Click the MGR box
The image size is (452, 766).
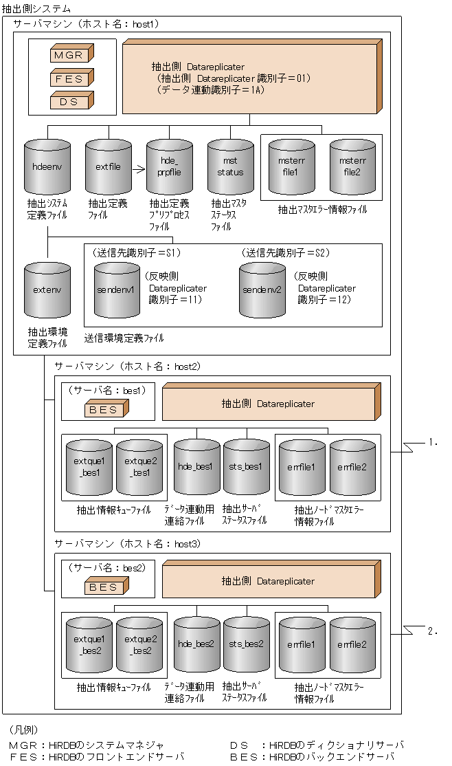72,55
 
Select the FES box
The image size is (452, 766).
72,78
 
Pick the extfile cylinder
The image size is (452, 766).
109,166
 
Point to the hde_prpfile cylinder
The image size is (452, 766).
169,167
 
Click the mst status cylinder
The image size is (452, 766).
230,167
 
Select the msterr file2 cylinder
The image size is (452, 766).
352,167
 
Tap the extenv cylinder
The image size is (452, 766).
47,289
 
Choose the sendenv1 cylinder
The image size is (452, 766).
117,289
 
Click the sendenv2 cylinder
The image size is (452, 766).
262,289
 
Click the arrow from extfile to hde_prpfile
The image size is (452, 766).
139,167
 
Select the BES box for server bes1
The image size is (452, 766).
104,410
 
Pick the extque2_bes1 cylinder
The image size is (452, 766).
139,468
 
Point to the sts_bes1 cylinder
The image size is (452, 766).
247,468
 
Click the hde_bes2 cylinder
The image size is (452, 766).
196,644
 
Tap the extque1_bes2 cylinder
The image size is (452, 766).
89,644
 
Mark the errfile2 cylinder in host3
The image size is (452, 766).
352,644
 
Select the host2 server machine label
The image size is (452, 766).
127,366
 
